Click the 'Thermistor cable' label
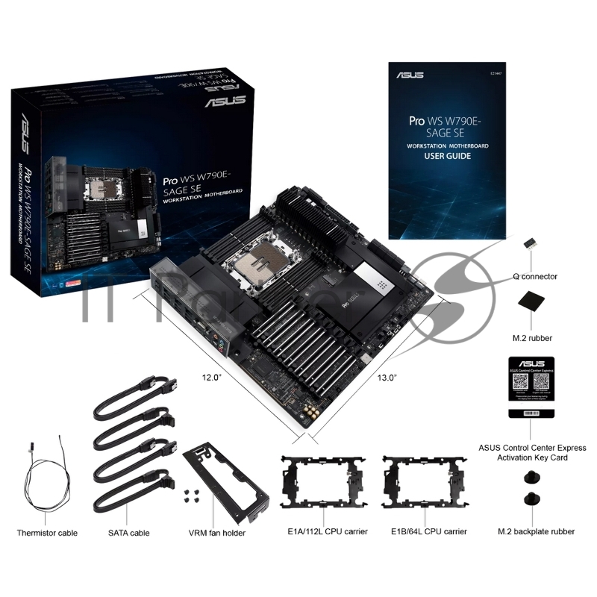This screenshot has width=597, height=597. (47, 533)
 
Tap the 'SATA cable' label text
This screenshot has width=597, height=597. (128, 533)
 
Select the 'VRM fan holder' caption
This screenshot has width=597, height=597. (216, 533)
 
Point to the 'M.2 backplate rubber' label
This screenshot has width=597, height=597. (536, 532)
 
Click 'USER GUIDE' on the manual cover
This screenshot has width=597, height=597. (447, 157)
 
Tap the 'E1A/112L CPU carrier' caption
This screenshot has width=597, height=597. (324, 531)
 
